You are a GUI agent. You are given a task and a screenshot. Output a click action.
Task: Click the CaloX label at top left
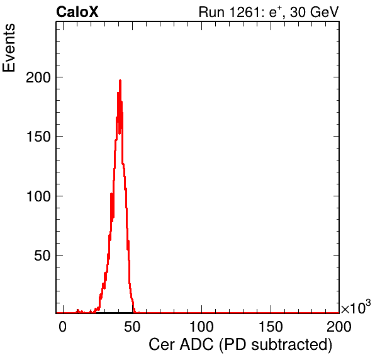click(x=77, y=12)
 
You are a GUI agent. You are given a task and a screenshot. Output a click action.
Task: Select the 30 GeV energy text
click(x=315, y=12)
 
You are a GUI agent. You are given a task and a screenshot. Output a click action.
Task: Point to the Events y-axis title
click(x=9, y=48)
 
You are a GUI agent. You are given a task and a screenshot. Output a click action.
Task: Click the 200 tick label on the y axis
click(x=38, y=77)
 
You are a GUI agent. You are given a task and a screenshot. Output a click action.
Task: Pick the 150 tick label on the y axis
click(x=38, y=137)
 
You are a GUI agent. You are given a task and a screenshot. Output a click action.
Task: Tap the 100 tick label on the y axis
click(x=38, y=196)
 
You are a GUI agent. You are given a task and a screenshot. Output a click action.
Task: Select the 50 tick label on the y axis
click(x=42, y=256)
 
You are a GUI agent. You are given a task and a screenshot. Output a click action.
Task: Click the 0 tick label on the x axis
click(x=63, y=326)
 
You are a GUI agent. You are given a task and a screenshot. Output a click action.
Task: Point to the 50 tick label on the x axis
click(x=132, y=326)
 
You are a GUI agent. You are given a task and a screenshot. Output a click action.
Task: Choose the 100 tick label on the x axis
click(x=201, y=326)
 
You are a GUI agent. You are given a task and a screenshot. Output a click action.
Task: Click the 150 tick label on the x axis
click(x=271, y=326)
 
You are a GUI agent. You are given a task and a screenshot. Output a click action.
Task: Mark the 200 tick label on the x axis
click(x=339, y=326)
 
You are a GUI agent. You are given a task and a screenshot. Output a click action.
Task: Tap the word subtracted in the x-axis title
click(x=289, y=345)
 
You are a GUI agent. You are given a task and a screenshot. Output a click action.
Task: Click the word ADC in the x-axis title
click(x=196, y=345)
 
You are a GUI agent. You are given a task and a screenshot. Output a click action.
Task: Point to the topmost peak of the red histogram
click(x=120, y=81)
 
